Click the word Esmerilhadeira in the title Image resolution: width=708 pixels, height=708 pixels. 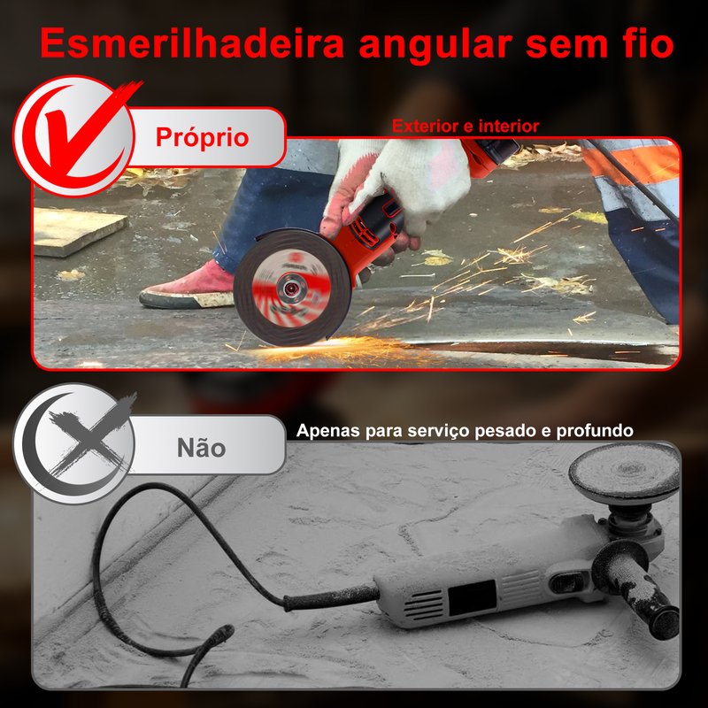tap(192, 42)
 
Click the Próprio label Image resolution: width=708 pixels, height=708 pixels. tap(202, 137)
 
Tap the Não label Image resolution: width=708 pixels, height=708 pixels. tap(202, 448)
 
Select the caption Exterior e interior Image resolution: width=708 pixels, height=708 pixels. tap(466, 126)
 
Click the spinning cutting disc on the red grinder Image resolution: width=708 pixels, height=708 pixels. tap(292, 287)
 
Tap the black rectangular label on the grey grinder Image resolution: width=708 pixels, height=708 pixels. tap(473, 597)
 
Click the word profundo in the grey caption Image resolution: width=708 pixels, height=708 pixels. tap(594, 431)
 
